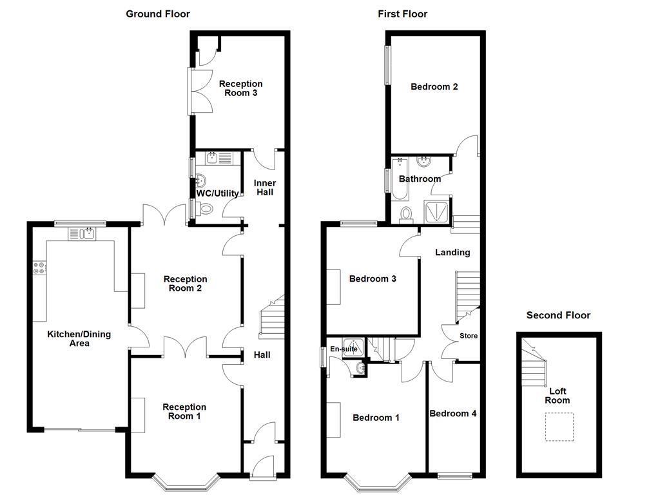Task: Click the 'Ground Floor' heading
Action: click(158, 14)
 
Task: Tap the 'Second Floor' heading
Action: click(558, 315)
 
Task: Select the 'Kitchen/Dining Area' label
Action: click(79, 338)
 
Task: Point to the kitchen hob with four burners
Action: click(39, 267)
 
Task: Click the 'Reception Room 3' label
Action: click(240, 88)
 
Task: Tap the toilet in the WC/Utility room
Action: click(204, 208)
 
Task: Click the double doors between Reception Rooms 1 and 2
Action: click(185, 348)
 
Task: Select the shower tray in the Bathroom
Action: click(436, 211)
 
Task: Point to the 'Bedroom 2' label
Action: click(434, 86)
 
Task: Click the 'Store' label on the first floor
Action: click(469, 336)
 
